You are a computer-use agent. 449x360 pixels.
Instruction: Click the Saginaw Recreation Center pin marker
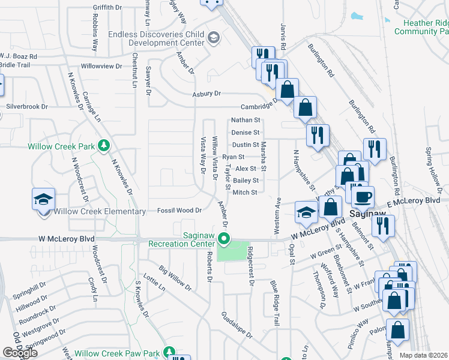[x=224, y=239]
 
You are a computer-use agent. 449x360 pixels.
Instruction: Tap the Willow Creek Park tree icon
[x=104, y=146]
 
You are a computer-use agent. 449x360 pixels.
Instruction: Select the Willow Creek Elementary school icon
[x=43, y=199]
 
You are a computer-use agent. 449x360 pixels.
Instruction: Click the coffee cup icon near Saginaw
[x=362, y=197]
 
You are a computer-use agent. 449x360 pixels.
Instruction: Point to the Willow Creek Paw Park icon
[x=170, y=351]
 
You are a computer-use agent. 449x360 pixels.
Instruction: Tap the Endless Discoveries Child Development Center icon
[x=212, y=38]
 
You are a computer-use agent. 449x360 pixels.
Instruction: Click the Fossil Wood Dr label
[x=179, y=211]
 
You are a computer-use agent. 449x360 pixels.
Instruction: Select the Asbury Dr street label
[x=206, y=94]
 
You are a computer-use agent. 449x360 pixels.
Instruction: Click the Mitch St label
[x=245, y=193]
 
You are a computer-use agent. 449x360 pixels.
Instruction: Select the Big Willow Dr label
[x=175, y=278]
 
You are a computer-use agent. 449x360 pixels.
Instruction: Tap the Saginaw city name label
[x=363, y=214]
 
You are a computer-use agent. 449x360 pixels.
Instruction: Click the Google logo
[x=20, y=353]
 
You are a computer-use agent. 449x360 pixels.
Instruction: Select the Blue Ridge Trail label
[x=274, y=303]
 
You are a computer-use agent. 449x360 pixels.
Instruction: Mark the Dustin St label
[x=245, y=145]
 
